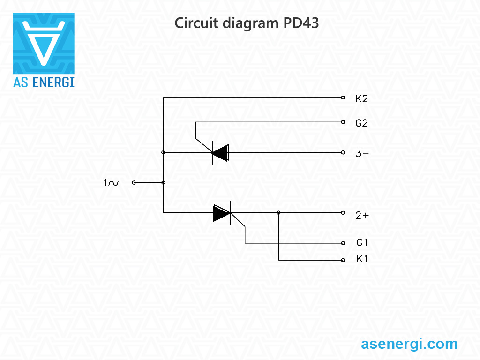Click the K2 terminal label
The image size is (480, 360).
tap(361, 99)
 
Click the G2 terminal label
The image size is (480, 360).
tap(361, 123)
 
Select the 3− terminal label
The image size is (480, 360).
tap(361, 153)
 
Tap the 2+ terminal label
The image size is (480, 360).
tap(361, 216)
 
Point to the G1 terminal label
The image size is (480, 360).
tap(362, 243)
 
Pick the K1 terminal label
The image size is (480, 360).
tap(362, 259)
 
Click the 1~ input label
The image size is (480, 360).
tap(111, 183)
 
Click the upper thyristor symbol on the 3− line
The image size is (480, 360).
tap(220, 152)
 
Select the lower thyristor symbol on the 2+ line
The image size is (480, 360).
tap(222, 213)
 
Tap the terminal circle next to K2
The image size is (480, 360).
tap(343, 98)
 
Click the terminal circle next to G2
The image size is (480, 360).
tap(343, 122)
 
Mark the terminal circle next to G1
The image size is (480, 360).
tap(343, 243)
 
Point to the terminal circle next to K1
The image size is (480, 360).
tap(343, 260)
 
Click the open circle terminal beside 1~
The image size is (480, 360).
tap(134, 183)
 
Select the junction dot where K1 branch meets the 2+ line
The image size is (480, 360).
tap(279, 213)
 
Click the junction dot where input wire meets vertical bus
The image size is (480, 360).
tap(163, 183)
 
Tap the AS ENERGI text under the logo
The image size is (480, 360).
tap(44, 82)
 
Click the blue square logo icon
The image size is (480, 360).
tap(44, 43)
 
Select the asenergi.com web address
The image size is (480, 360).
tap(409, 344)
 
